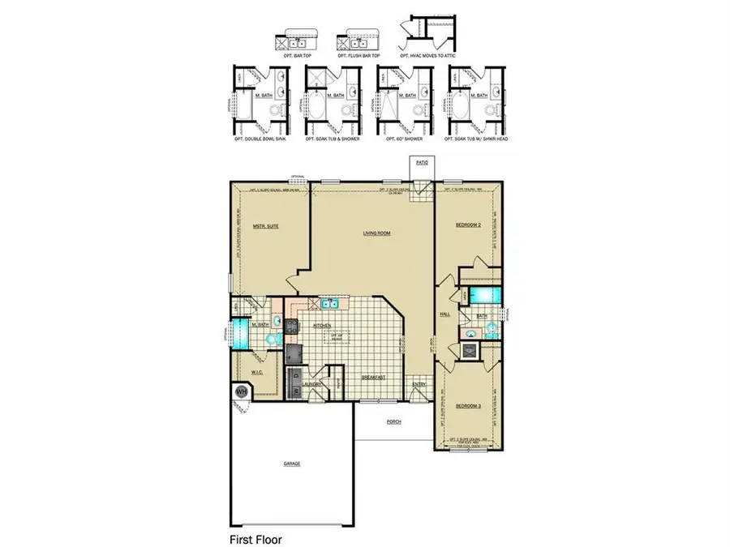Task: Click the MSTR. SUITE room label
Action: [x=266, y=227]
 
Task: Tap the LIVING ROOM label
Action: [x=377, y=233]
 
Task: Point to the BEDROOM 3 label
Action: [x=468, y=405]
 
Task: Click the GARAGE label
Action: [x=291, y=464]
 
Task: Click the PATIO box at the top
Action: [x=422, y=163]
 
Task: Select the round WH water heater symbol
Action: [x=241, y=392]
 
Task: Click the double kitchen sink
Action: [x=329, y=305]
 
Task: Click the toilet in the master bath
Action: [x=273, y=340]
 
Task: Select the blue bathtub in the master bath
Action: [x=240, y=333]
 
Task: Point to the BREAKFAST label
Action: [x=373, y=378]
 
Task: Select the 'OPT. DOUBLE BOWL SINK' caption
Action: [x=260, y=139]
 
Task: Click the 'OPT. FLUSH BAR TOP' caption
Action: [x=359, y=55]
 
